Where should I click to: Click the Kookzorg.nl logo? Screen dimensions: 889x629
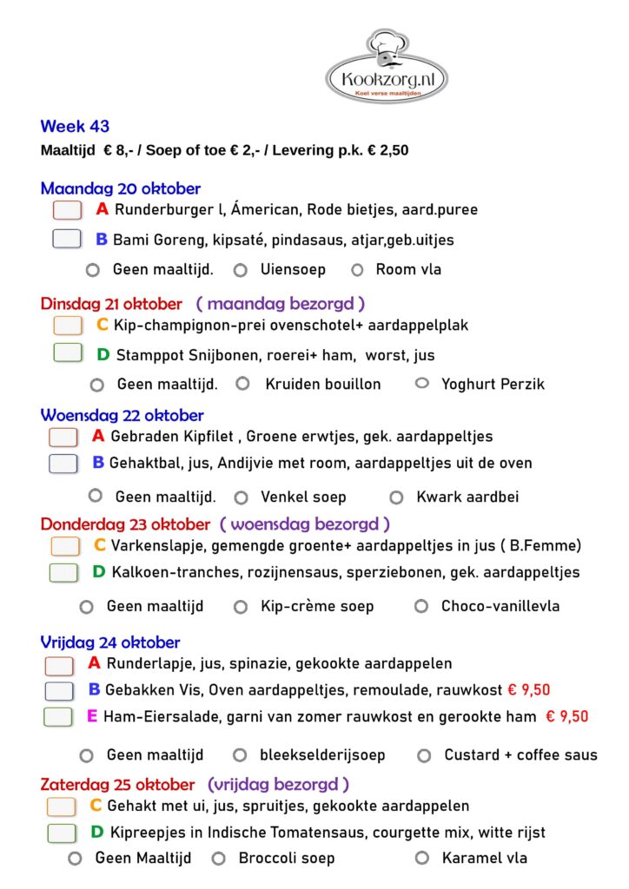pos(387,67)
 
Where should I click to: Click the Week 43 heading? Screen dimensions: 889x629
pos(75,127)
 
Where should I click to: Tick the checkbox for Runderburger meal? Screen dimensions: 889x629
pos(67,210)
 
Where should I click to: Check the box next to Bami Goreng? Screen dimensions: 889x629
pos(67,240)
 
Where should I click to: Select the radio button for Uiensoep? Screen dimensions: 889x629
pos(241,270)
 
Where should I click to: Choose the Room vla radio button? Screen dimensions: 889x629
pos(357,270)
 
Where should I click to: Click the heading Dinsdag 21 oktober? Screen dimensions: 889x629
pos(111,304)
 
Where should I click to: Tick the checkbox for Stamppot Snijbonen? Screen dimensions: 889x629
pos(68,354)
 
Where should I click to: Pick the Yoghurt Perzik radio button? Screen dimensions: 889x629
pos(422,383)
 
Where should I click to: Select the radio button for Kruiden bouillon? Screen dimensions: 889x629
pos(243,383)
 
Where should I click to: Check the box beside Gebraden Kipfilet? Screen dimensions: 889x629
pos(63,437)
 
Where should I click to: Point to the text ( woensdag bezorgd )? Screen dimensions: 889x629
pos(304,524)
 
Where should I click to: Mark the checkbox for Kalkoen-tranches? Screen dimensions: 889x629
pos(64,573)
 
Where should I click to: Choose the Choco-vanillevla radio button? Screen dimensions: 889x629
pos(421,606)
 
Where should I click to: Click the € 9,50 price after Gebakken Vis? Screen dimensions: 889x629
pos(528,690)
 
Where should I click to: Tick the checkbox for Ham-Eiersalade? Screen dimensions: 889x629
pos(59,717)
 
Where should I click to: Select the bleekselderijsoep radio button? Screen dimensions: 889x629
pos(240,755)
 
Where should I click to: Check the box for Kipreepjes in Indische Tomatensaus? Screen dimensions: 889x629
pos(62,833)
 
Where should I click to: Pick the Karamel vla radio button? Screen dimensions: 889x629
pos(422,859)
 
